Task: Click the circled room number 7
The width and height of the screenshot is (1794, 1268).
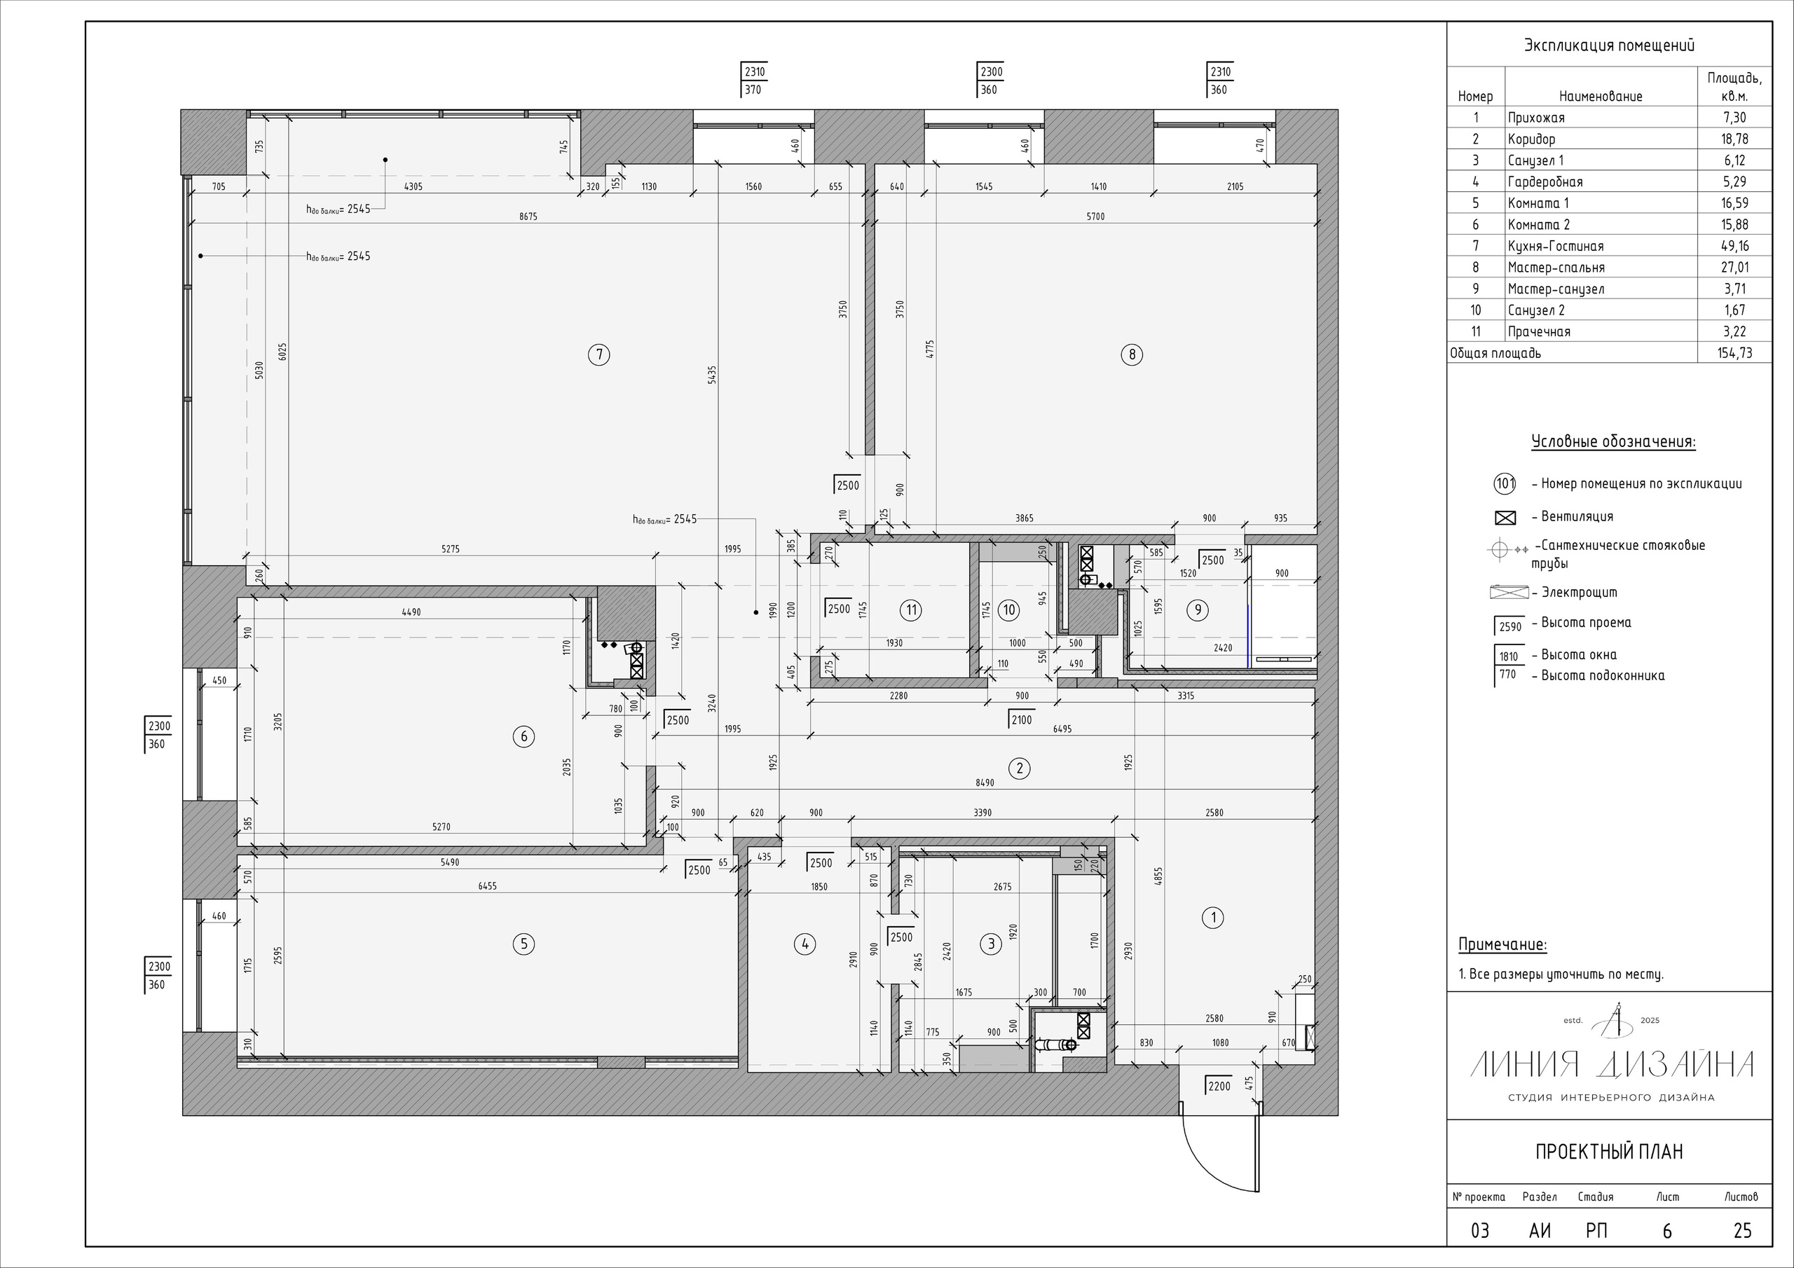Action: pyautogui.click(x=599, y=354)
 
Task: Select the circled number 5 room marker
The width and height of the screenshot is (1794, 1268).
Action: pyautogui.click(x=523, y=944)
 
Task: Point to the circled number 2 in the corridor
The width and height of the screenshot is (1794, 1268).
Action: pyautogui.click(x=1019, y=768)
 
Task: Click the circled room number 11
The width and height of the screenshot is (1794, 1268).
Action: pyautogui.click(x=911, y=610)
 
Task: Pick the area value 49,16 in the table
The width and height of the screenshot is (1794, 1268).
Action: pyautogui.click(x=1734, y=246)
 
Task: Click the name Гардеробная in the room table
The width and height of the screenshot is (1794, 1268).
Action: pyautogui.click(x=1545, y=182)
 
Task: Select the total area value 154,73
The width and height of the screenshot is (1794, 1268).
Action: pyautogui.click(x=1734, y=353)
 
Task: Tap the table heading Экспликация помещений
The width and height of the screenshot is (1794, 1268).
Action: pyautogui.click(x=1609, y=46)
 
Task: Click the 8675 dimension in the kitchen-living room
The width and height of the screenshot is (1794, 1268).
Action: pyautogui.click(x=528, y=216)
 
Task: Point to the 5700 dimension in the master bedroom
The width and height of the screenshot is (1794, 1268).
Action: pyautogui.click(x=1095, y=216)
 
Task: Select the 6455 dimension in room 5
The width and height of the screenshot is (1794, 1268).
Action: pyautogui.click(x=488, y=886)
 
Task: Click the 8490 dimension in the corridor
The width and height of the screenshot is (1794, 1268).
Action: pyautogui.click(x=985, y=782)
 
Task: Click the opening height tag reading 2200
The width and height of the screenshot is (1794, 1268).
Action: pyautogui.click(x=1219, y=1086)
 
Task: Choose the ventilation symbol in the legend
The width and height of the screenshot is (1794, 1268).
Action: pyautogui.click(x=1505, y=517)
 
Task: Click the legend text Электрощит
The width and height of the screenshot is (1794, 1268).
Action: pyautogui.click(x=1579, y=593)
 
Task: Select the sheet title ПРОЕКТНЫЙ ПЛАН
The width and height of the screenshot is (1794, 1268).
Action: pyautogui.click(x=1609, y=1152)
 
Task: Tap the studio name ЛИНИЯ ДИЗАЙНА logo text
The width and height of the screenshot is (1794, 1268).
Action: pyautogui.click(x=1612, y=1064)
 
